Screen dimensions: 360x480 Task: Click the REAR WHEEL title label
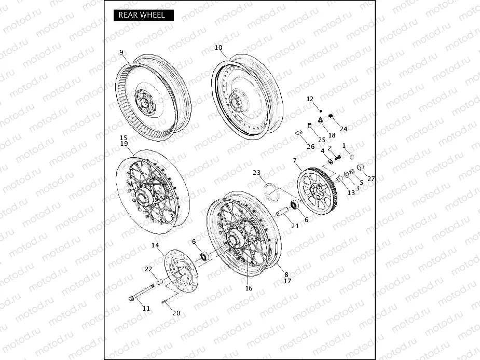[142, 15]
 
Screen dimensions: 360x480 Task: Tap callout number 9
[121, 52]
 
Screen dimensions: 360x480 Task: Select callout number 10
[218, 47]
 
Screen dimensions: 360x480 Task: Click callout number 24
[344, 129]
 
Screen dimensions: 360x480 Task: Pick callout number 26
[310, 147]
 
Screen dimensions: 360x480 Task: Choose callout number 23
[256, 172]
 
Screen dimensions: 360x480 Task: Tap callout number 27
[371, 178]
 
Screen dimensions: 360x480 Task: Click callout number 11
[146, 308]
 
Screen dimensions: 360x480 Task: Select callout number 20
[176, 313]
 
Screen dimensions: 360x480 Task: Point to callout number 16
[249, 288]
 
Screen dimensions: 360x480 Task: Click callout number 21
[295, 226]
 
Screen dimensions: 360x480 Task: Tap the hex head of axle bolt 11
[131, 298]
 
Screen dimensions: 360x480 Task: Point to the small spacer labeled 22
[160, 282]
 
